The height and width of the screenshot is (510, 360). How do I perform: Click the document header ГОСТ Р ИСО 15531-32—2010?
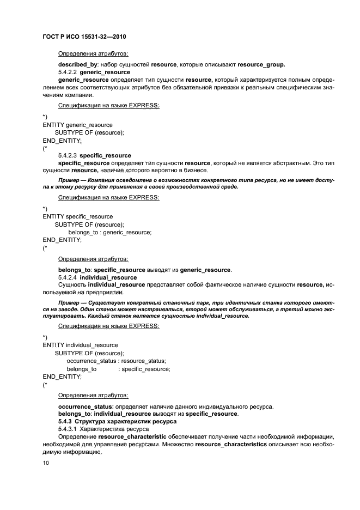pos(88,37)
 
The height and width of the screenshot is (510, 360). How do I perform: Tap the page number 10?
pos(46,463)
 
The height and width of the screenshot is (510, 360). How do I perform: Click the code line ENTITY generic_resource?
pos(77,125)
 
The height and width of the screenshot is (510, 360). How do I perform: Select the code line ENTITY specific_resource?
pos(77,216)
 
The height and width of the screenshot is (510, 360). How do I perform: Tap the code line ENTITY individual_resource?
pos(80,345)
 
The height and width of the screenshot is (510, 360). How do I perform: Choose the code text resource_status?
pos(143,361)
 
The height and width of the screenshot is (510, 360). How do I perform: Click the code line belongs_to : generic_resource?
pos(109,232)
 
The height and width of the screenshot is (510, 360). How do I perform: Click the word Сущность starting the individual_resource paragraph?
pos(72,285)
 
